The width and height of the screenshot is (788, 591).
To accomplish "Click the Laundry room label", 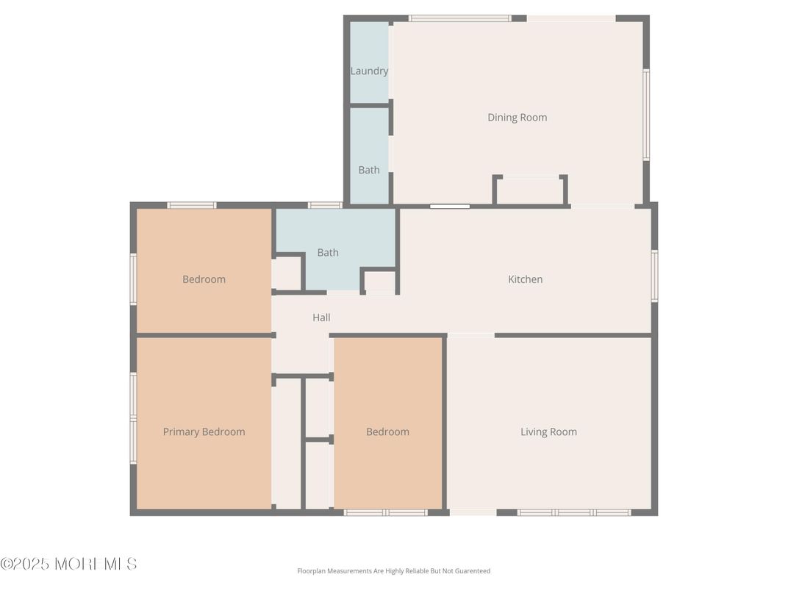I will coord(369,71).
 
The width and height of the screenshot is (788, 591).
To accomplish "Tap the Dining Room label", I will coord(517,118).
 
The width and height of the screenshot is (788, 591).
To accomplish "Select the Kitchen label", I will coord(526,279).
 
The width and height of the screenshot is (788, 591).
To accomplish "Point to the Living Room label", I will coord(548,432).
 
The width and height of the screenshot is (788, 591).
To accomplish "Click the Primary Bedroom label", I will coord(204,432).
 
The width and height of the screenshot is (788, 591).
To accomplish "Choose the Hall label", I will coord(321,318).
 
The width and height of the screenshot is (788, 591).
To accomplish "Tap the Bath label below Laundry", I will coord(369,170).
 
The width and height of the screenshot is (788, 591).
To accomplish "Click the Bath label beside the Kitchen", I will coord(328,253).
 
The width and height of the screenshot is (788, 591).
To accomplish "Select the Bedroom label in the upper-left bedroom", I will coord(204,279).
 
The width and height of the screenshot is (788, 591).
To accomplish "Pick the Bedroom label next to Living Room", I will coord(387,432).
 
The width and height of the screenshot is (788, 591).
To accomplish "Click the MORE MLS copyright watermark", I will coord(68,565).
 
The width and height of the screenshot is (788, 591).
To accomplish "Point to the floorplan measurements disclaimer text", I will coord(393,571).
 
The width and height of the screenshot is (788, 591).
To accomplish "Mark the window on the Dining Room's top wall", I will coord(460,18).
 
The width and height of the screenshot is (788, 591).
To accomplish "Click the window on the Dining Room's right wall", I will coord(646,115).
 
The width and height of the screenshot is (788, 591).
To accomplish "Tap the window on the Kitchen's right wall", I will coord(654,276).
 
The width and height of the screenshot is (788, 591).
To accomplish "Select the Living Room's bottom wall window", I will coord(574,512).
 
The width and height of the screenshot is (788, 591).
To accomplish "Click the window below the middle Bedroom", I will coord(386,512).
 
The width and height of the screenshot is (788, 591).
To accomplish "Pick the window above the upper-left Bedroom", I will coord(192,206).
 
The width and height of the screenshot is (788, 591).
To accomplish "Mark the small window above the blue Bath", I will coord(325,206).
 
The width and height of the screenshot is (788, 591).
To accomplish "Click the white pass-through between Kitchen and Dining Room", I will coord(450,207).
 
